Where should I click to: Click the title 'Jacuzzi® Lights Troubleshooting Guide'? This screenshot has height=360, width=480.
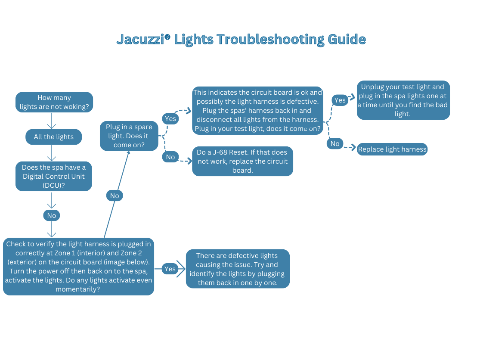click(x=241, y=40)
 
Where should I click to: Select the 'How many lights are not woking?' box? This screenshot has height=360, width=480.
click(x=54, y=102)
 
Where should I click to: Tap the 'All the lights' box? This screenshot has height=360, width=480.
click(x=54, y=137)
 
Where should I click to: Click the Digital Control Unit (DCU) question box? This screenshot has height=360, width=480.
click(x=54, y=176)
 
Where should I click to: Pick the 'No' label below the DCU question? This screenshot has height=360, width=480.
click(x=52, y=215)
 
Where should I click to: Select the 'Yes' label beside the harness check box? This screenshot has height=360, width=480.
click(x=170, y=269)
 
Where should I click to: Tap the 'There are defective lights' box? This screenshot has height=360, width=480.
click(x=237, y=269)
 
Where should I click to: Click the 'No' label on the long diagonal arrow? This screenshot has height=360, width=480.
click(x=115, y=196)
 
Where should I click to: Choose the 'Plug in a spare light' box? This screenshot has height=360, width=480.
click(x=129, y=136)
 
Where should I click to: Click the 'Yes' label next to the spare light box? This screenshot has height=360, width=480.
click(x=170, y=118)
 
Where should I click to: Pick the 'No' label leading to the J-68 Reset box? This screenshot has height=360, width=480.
click(x=170, y=157)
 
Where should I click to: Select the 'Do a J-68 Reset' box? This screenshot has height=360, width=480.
click(x=242, y=161)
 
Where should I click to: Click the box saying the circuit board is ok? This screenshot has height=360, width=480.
click(x=257, y=111)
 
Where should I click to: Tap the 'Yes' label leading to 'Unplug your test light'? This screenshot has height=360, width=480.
click(x=340, y=100)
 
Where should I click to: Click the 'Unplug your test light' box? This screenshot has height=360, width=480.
click(x=403, y=100)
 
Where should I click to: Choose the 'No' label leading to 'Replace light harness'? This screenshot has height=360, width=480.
click(x=335, y=144)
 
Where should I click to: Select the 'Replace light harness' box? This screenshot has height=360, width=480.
click(x=392, y=149)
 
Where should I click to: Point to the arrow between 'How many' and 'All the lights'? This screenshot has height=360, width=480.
click(x=52, y=121)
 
